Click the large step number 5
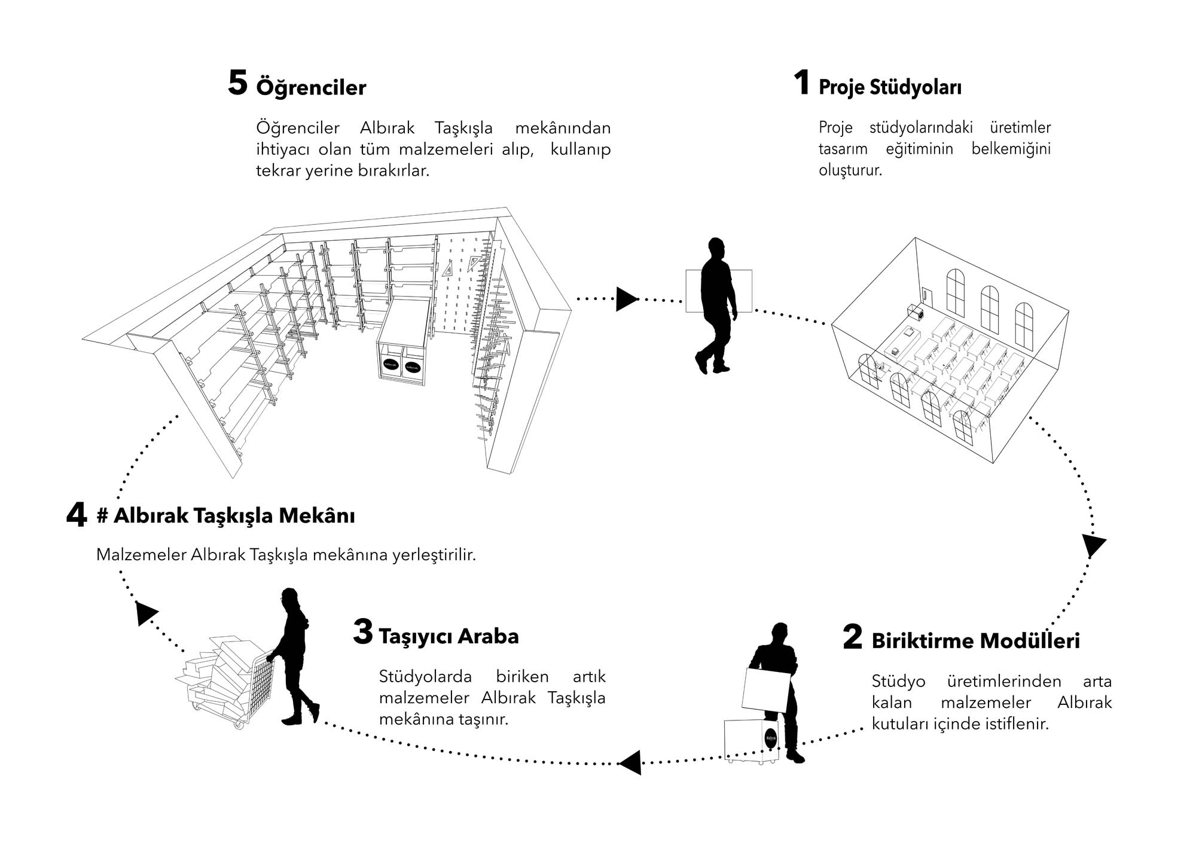(237, 83)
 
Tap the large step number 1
(802, 83)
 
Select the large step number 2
(853, 637)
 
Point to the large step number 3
(363, 632)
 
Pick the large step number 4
(77, 515)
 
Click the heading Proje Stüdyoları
(890, 87)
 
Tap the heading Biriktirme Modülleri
(975, 641)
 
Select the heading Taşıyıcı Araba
(448, 637)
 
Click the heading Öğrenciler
(311, 88)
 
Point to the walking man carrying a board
(716, 305)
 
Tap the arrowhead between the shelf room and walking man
(626, 299)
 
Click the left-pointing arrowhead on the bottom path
(630, 763)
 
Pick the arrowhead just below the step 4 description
(145, 613)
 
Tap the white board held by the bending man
(767, 689)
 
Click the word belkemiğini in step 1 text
(1011, 149)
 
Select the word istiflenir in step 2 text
(1020, 724)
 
